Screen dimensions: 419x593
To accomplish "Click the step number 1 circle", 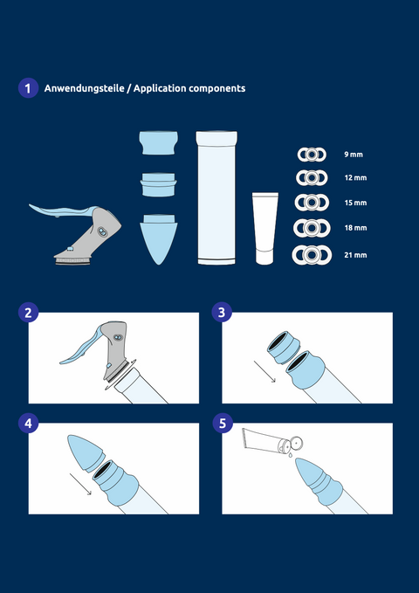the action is coord(28,88).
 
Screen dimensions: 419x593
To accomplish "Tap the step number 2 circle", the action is coord(28,313).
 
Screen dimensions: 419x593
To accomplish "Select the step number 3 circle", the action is coord(222,313).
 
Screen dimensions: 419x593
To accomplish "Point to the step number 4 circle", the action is coord(28,424).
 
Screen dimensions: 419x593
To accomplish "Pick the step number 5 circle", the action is coord(222,424).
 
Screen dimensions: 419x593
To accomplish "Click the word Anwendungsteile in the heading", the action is coord(84,88).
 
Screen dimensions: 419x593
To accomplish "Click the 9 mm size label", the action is coord(354,155).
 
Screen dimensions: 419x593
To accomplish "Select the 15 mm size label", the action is coord(355,203).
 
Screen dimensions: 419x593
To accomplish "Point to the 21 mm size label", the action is coord(355,255).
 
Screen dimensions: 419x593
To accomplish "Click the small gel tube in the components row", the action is coord(265,229).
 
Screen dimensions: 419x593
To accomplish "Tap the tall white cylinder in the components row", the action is coord(216,197).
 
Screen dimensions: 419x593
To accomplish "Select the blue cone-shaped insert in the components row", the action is coord(159,239).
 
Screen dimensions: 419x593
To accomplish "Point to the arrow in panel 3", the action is coord(264,371).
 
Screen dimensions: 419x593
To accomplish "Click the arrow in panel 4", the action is coord(80,484).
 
